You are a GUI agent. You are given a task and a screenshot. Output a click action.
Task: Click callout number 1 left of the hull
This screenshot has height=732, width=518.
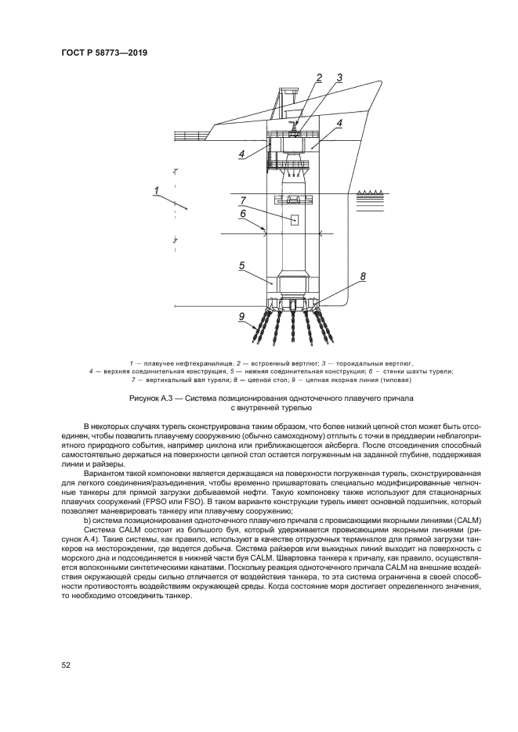point(158,190)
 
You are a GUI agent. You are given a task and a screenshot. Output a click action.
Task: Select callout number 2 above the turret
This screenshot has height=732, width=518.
point(319,77)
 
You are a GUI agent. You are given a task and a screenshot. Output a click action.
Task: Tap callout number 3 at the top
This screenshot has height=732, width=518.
point(339,77)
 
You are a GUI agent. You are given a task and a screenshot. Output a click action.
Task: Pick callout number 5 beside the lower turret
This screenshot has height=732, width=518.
point(243,265)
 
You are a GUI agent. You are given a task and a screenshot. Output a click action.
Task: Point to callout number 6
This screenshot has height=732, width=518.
point(243,213)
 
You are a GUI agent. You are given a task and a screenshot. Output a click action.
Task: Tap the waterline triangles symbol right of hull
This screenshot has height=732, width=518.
point(369,193)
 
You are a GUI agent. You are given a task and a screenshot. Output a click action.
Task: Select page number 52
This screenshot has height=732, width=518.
point(67,665)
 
